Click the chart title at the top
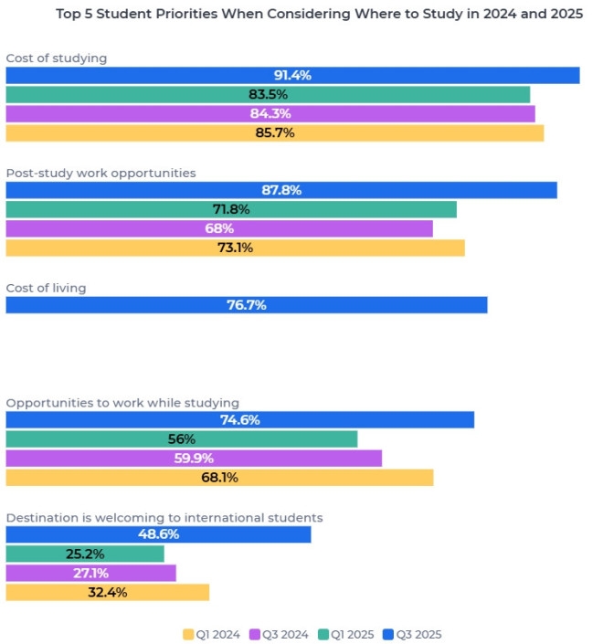pyautogui.click(x=319, y=14)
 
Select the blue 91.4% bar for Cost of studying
pyautogui.click(x=292, y=75)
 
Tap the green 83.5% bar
pyautogui.click(x=268, y=94)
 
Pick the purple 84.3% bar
pyautogui.click(x=270, y=113)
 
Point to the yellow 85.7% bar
pyautogui.click(x=274, y=132)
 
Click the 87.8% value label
pyautogui.click(x=281, y=190)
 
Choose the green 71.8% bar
pyautogui.click(x=231, y=209)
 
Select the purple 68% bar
pyautogui.click(x=219, y=228)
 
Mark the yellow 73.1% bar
pyautogui.click(x=235, y=248)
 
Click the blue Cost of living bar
pyautogui.click(x=247, y=305)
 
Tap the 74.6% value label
pyautogui.click(x=240, y=420)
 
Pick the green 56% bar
pyautogui.click(x=182, y=438)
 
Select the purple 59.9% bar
pyautogui.click(x=194, y=458)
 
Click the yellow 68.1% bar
pyautogui.click(x=219, y=477)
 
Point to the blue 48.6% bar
pyautogui.click(x=158, y=534)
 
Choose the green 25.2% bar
pyautogui.click(x=85, y=554)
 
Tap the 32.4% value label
pyautogui.click(x=107, y=592)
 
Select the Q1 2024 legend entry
pyautogui.click(x=213, y=634)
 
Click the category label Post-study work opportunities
pyautogui.click(x=100, y=173)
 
